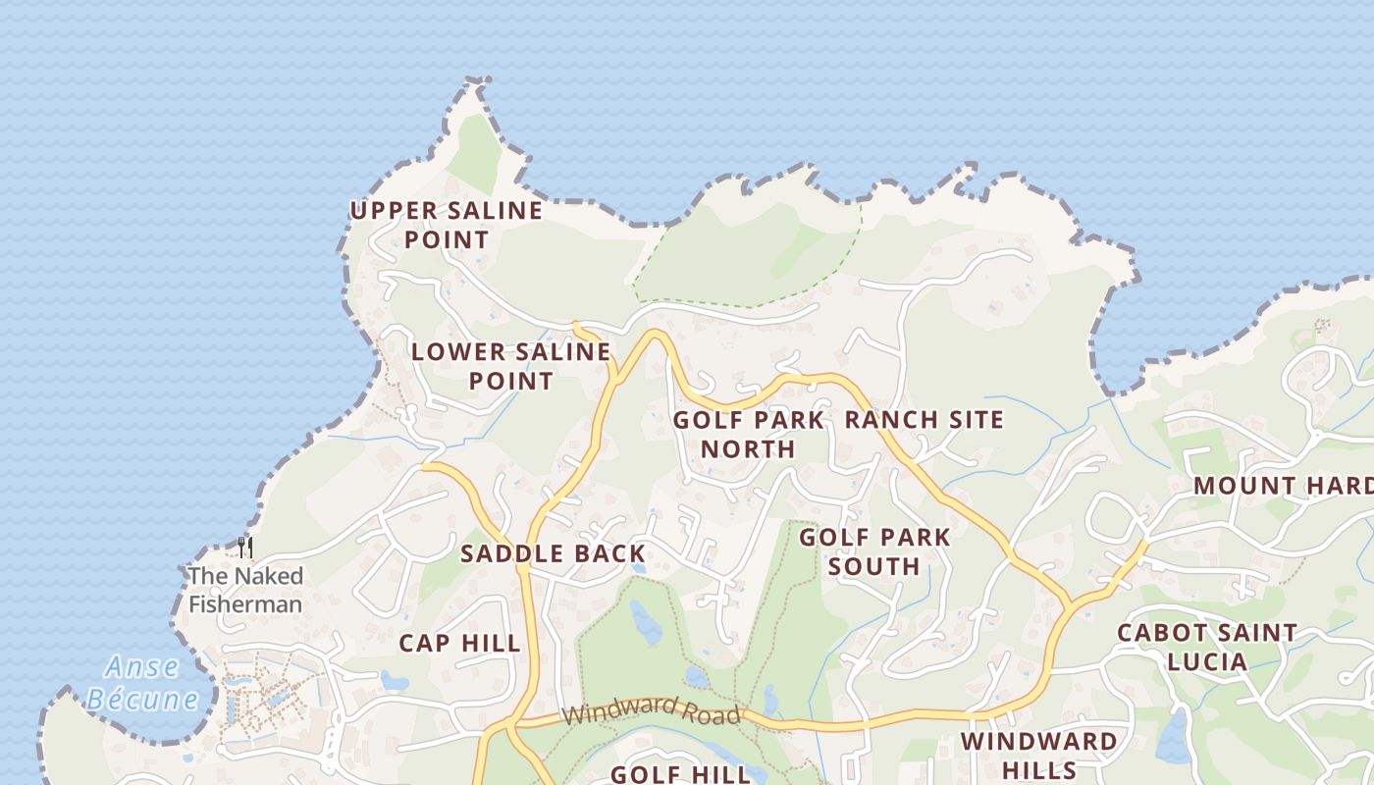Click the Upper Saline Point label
click(x=447, y=225)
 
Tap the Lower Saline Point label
click(x=510, y=366)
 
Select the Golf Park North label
click(x=748, y=435)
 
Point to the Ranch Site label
click(x=925, y=420)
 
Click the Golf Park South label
click(x=874, y=551)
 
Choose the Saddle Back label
click(x=553, y=553)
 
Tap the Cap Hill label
click(x=459, y=644)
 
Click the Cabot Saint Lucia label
click(x=1207, y=647)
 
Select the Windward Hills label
click(x=1039, y=755)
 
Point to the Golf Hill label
click(x=680, y=773)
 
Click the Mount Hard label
click(x=1282, y=486)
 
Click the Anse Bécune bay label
click(x=142, y=684)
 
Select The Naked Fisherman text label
click(x=245, y=590)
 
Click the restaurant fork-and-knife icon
click(x=245, y=547)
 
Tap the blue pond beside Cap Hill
click(x=395, y=680)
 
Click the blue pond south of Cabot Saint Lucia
click(x=1174, y=738)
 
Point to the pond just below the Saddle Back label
click(x=639, y=567)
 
